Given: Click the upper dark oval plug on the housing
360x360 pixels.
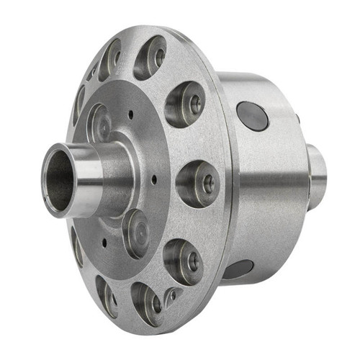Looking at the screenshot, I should pyautogui.click(x=252, y=115).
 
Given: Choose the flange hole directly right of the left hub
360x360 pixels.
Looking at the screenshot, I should pyautogui.click(x=198, y=183).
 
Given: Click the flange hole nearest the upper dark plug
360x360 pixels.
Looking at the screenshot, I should pyautogui.click(x=185, y=104).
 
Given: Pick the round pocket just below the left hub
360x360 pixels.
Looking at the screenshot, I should pyautogui.click(x=135, y=232).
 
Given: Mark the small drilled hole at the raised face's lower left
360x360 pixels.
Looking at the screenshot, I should pyautogui.click(x=104, y=242).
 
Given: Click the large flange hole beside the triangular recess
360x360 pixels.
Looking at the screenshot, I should pyautogui.click(x=148, y=302).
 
